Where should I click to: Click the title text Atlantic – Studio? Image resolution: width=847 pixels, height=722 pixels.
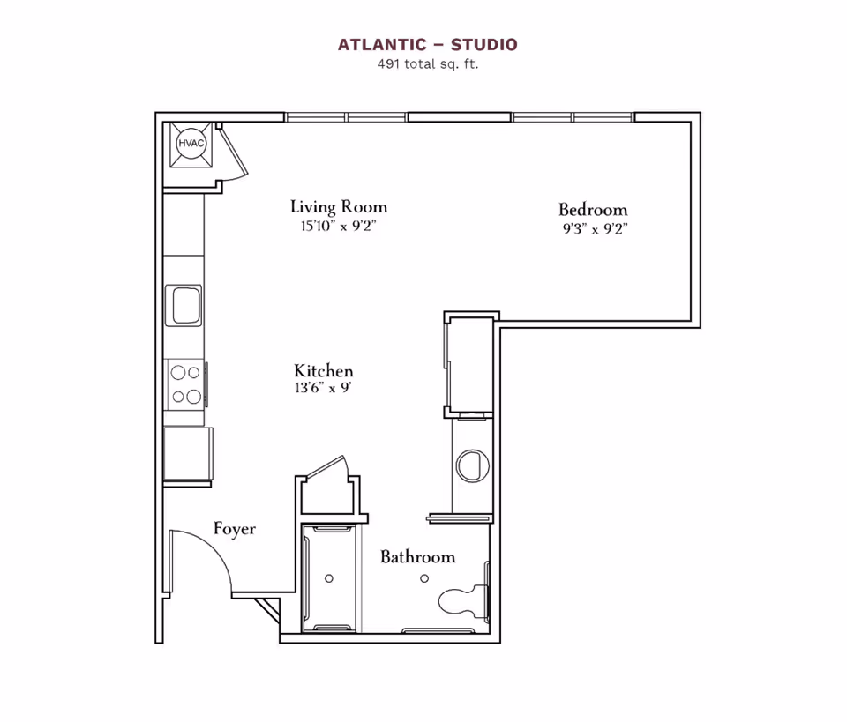tap(427, 44)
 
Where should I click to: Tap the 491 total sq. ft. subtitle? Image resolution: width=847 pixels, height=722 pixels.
tap(427, 63)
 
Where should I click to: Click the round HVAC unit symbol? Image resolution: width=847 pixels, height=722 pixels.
tap(191, 143)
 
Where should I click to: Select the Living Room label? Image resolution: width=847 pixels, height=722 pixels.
tap(339, 207)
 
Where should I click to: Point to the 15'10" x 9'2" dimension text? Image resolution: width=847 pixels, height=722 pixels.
tap(339, 227)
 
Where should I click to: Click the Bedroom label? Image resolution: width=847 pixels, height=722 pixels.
tap(593, 210)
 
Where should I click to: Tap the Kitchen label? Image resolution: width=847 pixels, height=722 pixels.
tap(324, 371)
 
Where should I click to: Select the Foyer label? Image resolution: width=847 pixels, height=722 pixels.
tap(235, 529)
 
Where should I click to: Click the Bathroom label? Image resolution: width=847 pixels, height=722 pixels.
tap(417, 557)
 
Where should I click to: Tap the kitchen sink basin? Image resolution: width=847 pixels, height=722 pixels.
tap(186, 305)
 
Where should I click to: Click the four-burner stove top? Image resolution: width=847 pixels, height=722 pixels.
tap(185, 384)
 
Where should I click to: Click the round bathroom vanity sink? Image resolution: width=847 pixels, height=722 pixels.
tap(470, 465)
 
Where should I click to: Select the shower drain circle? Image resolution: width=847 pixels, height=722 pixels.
tap(329, 579)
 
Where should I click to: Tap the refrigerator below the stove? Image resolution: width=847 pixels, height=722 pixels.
tap(187, 453)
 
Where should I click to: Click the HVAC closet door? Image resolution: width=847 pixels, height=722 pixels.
tap(236, 154)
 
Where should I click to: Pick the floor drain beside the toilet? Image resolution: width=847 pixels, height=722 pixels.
tap(424, 578)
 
